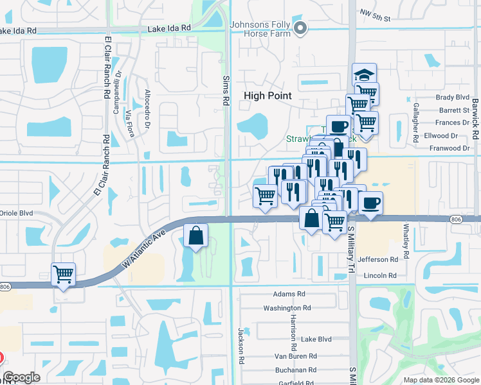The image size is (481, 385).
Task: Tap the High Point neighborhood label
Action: (x=268, y=96)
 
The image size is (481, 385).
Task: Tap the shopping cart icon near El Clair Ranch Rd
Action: (x=63, y=275)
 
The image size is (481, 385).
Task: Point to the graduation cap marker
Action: (x=364, y=74)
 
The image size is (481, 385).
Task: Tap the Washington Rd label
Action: (x=287, y=308)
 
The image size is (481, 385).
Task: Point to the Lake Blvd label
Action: (x=316, y=339)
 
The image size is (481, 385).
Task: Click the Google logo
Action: (x=21, y=377)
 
